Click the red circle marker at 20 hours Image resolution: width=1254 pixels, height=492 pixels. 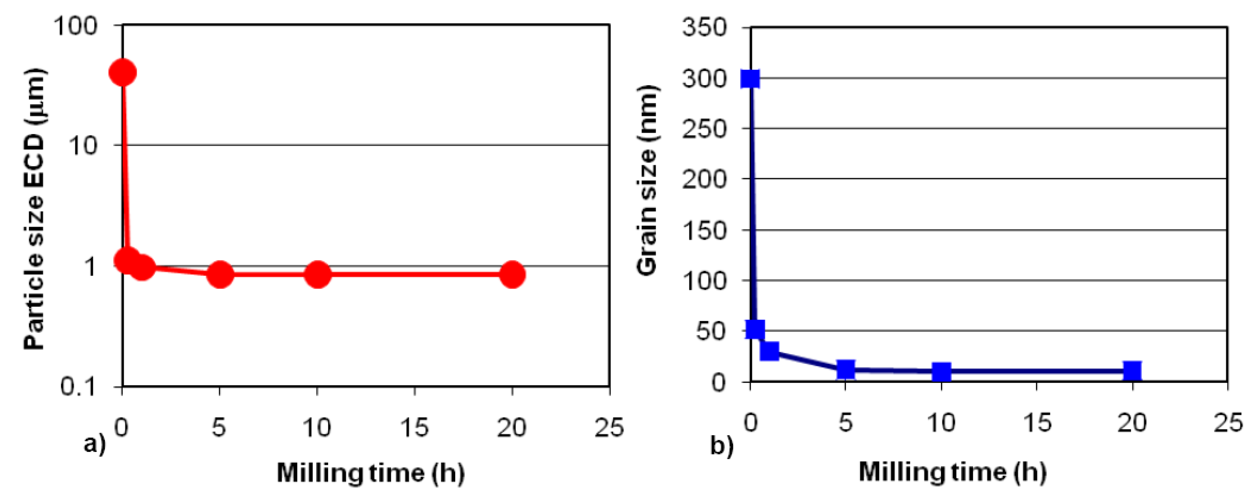pyautogui.click(x=512, y=274)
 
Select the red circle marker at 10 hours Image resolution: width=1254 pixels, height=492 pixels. pyautogui.click(x=317, y=274)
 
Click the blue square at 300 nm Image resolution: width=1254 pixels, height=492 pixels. pyautogui.click(x=750, y=79)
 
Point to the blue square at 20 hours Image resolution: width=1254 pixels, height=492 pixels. pyautogui.click(x=1132, y=371)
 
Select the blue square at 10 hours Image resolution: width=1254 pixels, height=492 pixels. pyautogui.click(x=941, y=372)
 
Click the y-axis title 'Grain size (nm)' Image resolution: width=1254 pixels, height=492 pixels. pyautogui.click(x=647, y=180)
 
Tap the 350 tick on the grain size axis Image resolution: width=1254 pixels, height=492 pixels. pyautogui.click(x=705, y=27)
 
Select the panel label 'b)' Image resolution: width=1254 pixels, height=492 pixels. pyautogui.click(x=722, y=445)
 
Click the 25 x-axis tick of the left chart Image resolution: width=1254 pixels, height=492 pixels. pyautogui.click(x=609, y=428)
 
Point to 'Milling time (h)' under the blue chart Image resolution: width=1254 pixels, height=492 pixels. pyautogui.click(x=953, y=472)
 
